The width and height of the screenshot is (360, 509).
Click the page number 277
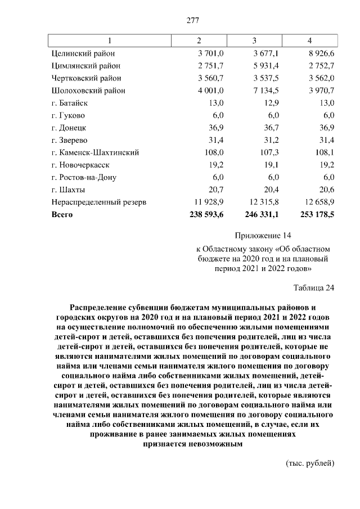193,21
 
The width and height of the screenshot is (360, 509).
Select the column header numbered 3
254,41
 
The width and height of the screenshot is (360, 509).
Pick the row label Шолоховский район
88,91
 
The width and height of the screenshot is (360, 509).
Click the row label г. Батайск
70,103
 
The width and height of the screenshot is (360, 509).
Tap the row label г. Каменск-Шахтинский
95,152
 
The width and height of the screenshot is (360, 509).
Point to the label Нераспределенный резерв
98,202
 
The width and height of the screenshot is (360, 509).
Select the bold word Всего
62,214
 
